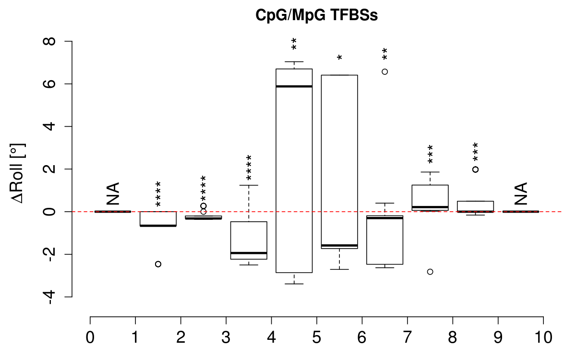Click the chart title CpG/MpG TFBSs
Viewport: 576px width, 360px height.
click(x=316, y=15)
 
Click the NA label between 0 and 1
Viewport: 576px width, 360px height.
click(x=113, y=193)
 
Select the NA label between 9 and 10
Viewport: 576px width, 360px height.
click(x=521, y=193)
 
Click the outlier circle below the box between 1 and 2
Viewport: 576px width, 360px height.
click(x=158, y=264)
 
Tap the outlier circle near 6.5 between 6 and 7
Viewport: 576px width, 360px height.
click(x=384, y=72)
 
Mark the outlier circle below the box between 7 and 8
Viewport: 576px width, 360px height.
click(x=430, y=272)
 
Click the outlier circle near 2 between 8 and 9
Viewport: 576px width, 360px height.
click(x=475, y=169)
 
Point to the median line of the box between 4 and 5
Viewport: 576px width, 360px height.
click(x=294, y=86)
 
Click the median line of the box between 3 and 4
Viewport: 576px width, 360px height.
click(x=249, y=253)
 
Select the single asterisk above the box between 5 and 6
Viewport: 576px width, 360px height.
click(x=339, y=59)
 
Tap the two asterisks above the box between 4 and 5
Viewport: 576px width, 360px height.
click(x=294, y=44)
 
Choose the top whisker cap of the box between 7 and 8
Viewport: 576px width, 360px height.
click(x=430, y=172)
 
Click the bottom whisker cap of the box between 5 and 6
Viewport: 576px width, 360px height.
click(x=339, y=269)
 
